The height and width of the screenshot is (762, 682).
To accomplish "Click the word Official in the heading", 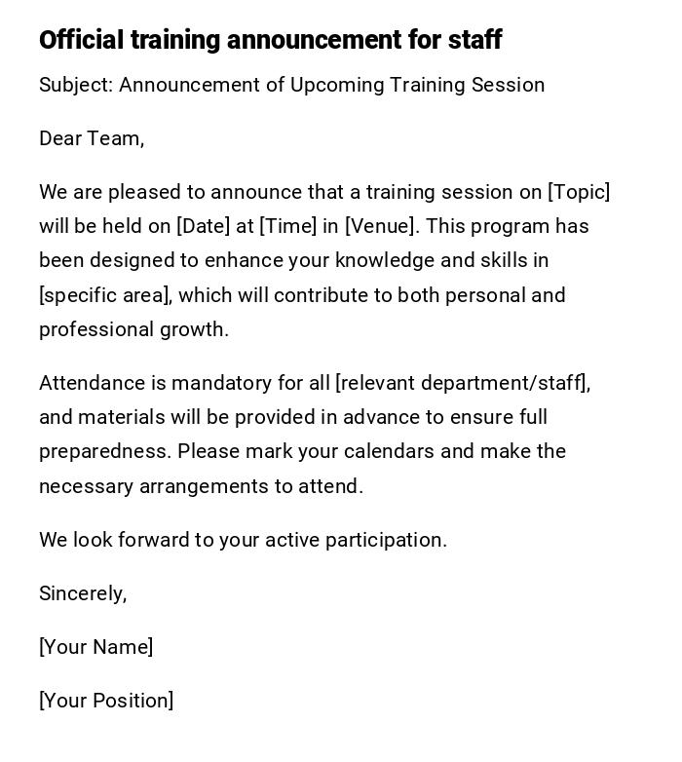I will click(x=81, y=40).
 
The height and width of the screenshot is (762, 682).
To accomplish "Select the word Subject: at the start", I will click(x=76, y=85).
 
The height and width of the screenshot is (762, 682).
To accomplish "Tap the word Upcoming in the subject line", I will click(x=337, y=85).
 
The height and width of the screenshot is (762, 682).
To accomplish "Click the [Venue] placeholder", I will click(x=381, y=226).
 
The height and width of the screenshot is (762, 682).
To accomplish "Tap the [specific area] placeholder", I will click(x=105, y=295).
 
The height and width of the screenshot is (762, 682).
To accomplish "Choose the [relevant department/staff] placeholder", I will click(x=462, y=383).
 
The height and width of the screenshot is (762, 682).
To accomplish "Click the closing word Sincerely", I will click(x=83, y=593).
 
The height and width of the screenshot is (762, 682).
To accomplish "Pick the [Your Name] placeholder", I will click(x=95, y=647).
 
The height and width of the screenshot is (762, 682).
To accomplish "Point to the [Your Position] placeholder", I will click(x=106, y=701).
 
